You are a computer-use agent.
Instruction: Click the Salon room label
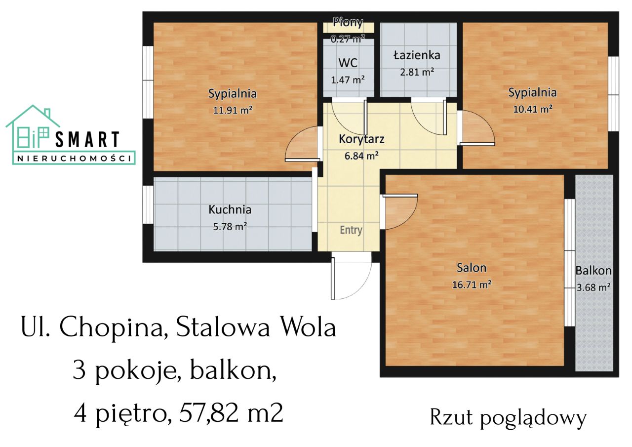(x=471, y=268)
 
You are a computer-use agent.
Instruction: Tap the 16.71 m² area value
(x=471, y=284)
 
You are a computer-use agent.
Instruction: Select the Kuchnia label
(x=230, y=209)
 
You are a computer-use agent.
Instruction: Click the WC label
(x=348, y=63)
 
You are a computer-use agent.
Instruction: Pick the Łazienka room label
(x=417, y=55)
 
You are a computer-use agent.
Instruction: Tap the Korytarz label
(x=361, y=139)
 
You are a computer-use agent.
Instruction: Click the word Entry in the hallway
(x=351, y=230)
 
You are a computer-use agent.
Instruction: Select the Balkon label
(x=593, y=271)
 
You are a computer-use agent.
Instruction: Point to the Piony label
(x=348, y=22)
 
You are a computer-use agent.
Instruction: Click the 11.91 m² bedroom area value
(x=233, y=110)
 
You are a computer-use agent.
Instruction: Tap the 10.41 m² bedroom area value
(x=533, y=109)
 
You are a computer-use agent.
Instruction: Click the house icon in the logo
(x=33, y=131)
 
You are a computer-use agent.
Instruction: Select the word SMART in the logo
(x=87, y=140)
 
